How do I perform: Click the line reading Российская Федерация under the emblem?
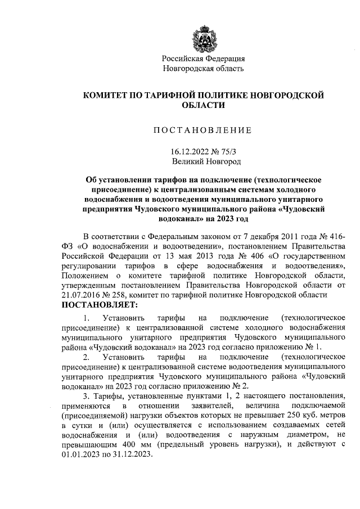tap(203, 58)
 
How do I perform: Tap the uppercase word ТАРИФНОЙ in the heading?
tap(179, 95)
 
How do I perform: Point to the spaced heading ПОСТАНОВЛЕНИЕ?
tap(202, 131)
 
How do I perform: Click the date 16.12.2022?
tap(188, 151)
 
